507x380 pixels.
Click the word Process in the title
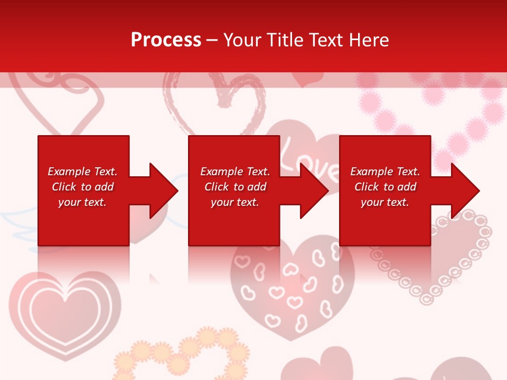pos(166,40)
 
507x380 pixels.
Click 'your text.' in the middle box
pos(234,202)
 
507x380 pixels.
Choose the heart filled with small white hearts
pos(293,290)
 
